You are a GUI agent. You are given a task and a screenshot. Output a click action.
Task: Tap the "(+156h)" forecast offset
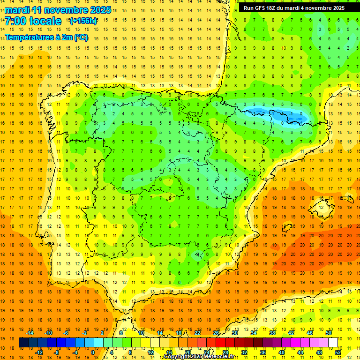pos(83,21)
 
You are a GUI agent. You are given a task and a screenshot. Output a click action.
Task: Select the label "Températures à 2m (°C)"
pos(46,37)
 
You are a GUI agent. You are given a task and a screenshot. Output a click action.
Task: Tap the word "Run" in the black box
pos(248,8)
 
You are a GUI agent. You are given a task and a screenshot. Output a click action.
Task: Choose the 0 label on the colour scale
pos(92,352)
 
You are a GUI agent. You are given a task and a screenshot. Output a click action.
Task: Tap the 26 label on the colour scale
pos(216,333)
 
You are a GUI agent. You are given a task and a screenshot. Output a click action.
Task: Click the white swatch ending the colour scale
pos(333,343)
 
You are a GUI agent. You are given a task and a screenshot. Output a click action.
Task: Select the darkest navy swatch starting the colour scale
pos(23,343)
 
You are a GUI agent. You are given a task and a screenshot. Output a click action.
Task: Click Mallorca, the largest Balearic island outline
pos(323,205)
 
